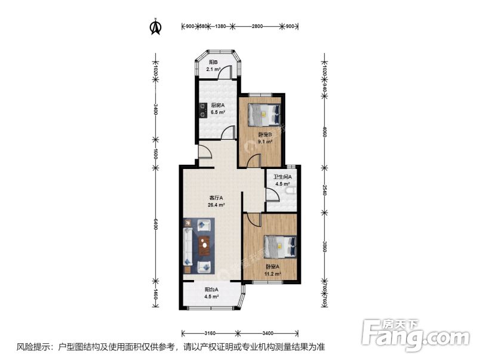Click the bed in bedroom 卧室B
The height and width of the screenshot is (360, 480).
point(262,112)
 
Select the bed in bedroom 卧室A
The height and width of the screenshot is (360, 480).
point(279,245)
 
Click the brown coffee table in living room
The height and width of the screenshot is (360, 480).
point(205,244)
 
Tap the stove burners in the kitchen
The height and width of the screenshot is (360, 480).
point(203,110)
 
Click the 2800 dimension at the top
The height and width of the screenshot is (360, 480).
point(257,27)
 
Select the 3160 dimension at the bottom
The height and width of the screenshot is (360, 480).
point(210,333)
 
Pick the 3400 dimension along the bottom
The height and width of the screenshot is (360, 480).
point(267,333)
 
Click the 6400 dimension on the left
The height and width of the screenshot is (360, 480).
point(155,224)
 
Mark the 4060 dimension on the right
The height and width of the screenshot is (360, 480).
point(325,131)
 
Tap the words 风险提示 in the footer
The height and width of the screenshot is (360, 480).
point(32,347)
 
